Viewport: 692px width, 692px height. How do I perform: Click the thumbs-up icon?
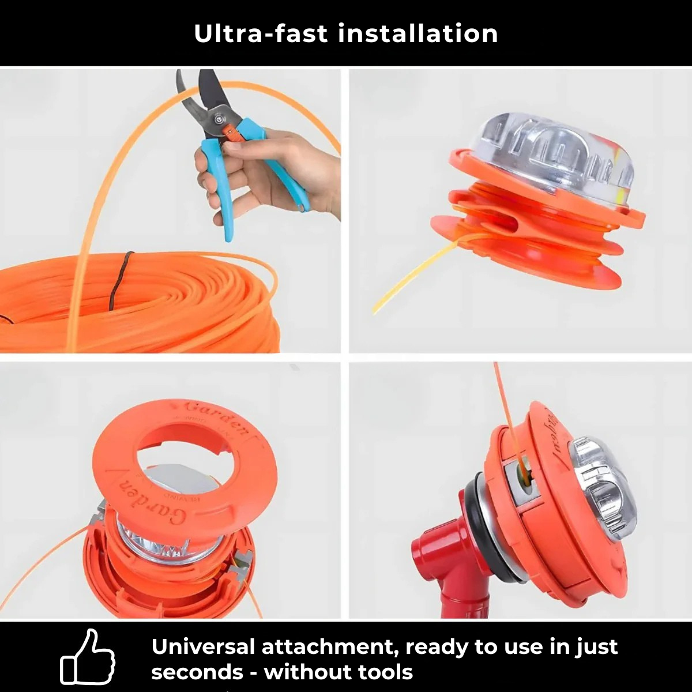tap(88, 657)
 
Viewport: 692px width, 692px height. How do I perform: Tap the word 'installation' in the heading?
tap(418, 33)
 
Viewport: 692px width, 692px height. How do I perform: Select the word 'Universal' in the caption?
tap(202, 646)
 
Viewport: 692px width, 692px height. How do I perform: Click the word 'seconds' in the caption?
tap(197, 672)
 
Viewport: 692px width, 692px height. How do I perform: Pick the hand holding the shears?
tap(271, 173)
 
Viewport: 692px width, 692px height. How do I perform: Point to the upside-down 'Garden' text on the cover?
tap(153, 502)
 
